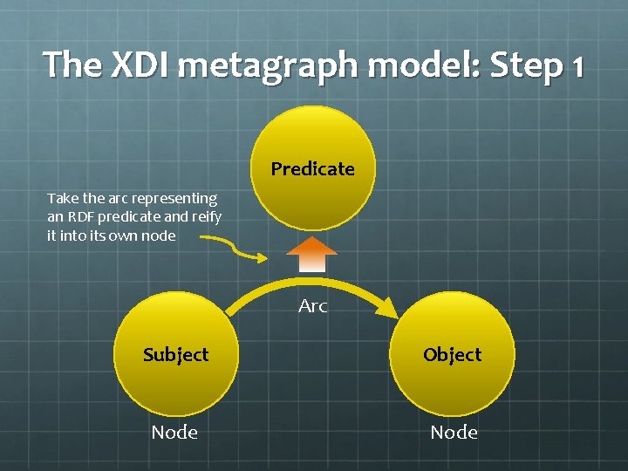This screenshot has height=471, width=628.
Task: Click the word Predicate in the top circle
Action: point(312,169)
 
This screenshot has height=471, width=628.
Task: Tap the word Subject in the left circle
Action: point(176,355)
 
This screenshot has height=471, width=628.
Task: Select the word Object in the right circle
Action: point(452,355)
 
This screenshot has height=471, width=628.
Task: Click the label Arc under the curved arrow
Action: point(312,306)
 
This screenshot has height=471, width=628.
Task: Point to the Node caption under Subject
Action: point(174,432)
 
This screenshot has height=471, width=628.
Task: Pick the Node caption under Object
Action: point(454,432)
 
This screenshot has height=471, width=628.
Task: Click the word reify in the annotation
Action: point(205,217)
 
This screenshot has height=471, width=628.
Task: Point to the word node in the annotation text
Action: point(158,235)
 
